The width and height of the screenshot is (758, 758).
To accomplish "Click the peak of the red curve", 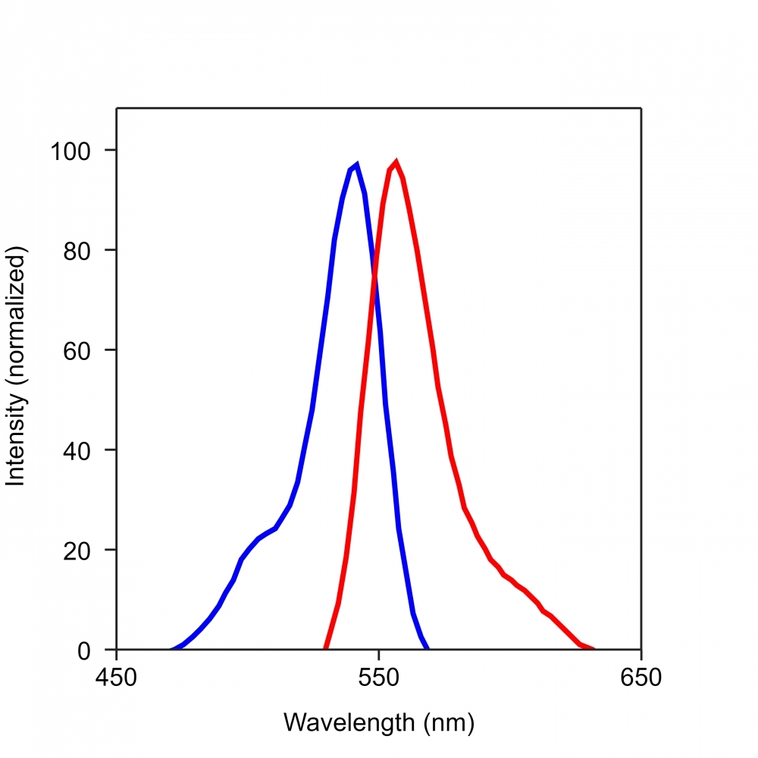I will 396,161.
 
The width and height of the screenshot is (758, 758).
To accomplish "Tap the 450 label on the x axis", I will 117,676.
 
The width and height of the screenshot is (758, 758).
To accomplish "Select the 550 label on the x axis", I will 379,676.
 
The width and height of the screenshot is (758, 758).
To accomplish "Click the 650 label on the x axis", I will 641,676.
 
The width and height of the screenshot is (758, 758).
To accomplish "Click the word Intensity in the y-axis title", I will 17,440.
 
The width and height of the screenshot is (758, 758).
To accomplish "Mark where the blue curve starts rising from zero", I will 172,649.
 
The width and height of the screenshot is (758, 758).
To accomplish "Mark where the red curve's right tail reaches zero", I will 594,649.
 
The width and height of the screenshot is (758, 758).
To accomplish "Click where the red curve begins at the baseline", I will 325,649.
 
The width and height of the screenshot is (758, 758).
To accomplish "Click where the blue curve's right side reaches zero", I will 428,649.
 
